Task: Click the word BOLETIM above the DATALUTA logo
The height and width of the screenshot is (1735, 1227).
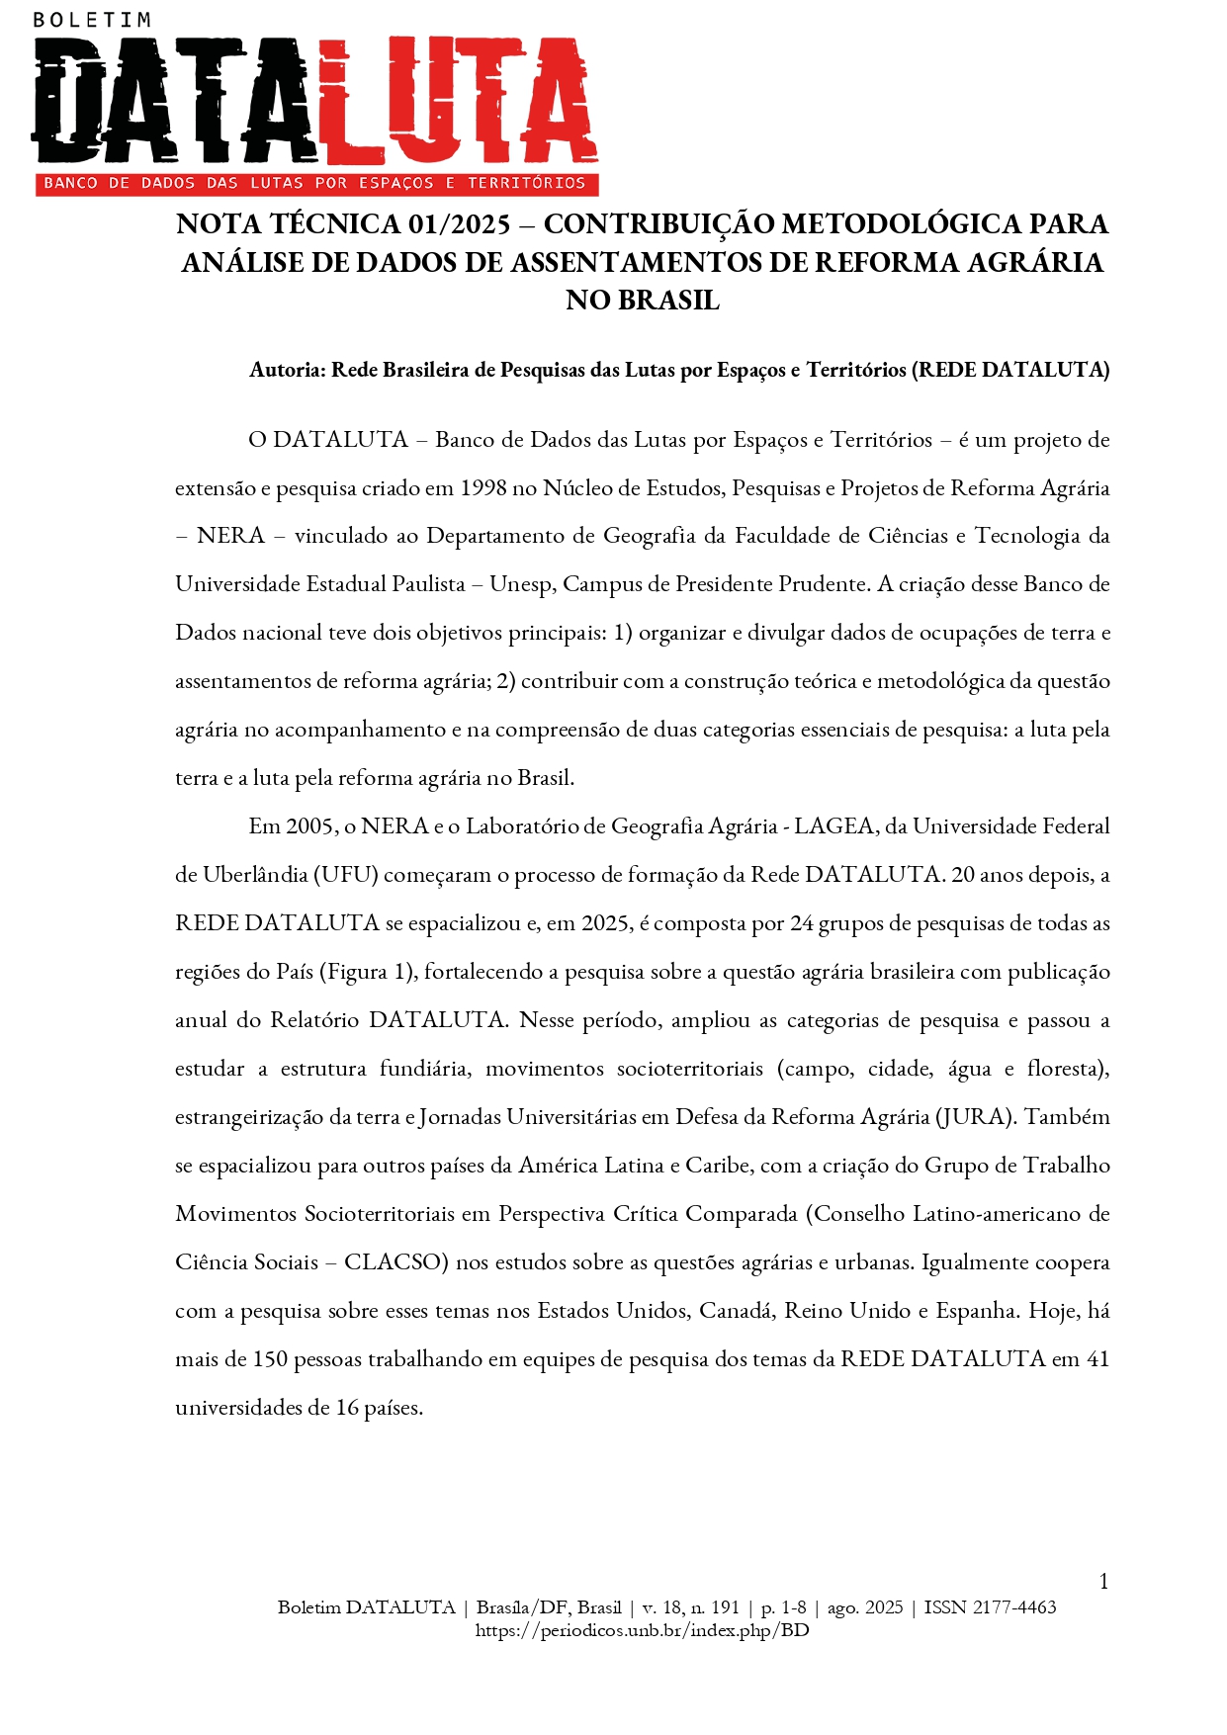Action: point(92,19)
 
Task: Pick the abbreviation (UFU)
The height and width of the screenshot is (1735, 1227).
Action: point(346,875)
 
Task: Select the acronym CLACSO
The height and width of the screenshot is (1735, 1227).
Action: point(393,1262)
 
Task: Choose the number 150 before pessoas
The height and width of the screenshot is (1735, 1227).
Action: point(269,1359)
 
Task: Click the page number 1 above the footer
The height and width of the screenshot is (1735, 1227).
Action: point(1103,1582)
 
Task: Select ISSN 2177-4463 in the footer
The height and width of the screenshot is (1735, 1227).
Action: point(990,1607)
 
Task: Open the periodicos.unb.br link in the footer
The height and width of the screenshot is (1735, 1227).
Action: point(642,1630)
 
